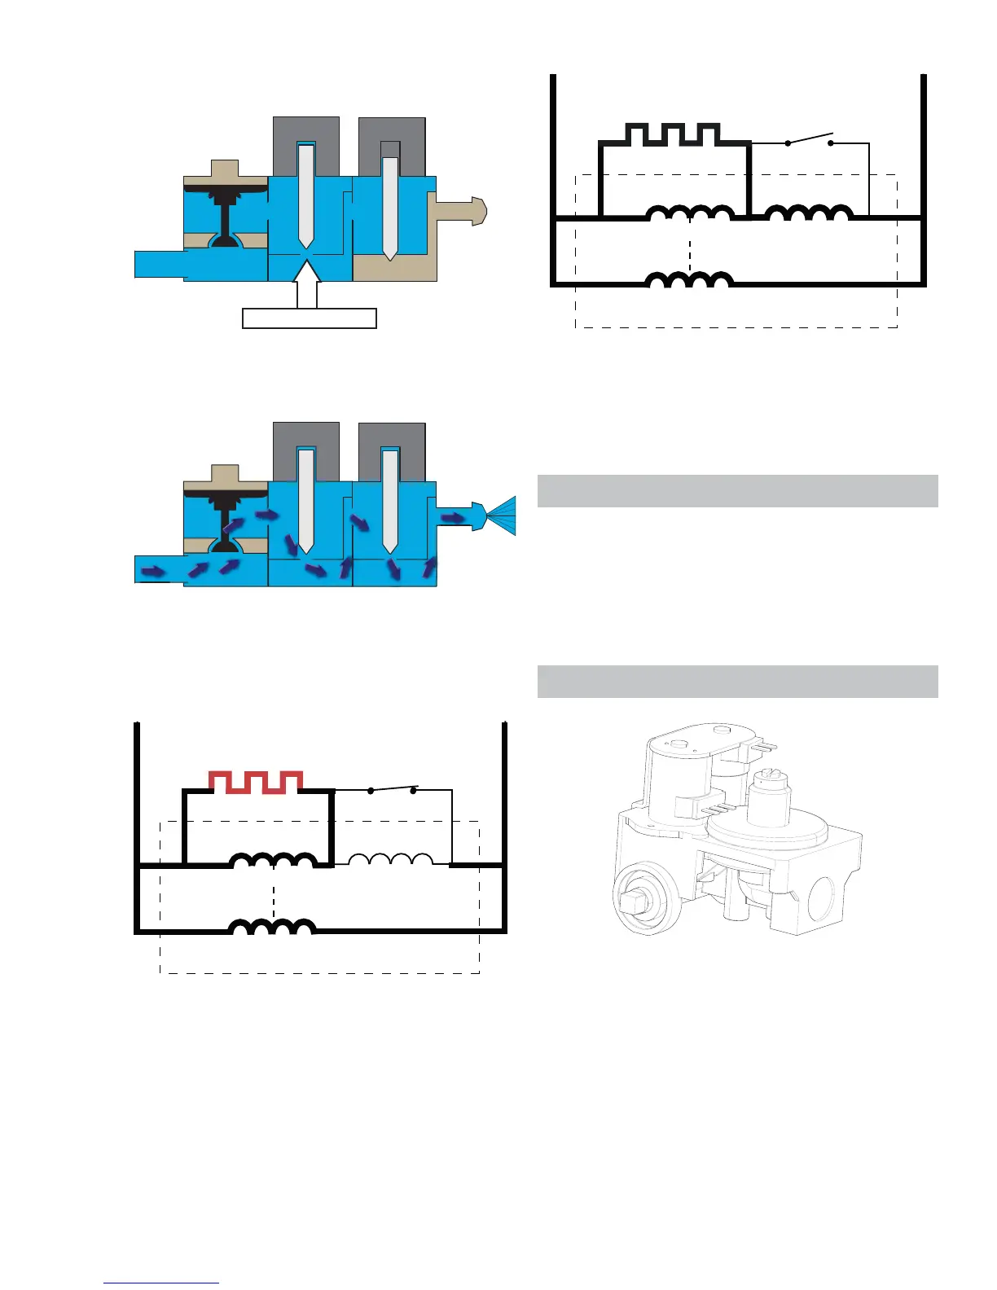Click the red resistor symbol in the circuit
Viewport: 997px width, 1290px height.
pyautogui.click(x=257, y=781)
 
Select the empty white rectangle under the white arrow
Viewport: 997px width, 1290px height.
pyautogui.click(x=310, y=318)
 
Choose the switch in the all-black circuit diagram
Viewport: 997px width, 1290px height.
pyautogui.click(x=810, y=141)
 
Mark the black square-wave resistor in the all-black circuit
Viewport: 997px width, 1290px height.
pyautogui.click(x=674, y=134)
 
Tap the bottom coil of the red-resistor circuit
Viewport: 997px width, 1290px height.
pyautogui.click(x=272, y=927)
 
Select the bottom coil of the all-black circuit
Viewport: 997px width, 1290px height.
pyautogui.click(x=689, y=280)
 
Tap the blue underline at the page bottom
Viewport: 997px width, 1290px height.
pyautogui.click(x=161, y=1283)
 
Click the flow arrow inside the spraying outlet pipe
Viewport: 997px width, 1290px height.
pyautogui.click(x=453, y=517)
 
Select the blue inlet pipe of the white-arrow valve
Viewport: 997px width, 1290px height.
pyautogui.click(x=160, y=264)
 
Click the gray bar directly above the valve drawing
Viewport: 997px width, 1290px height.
pyautogui.click(x=737, y=682)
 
